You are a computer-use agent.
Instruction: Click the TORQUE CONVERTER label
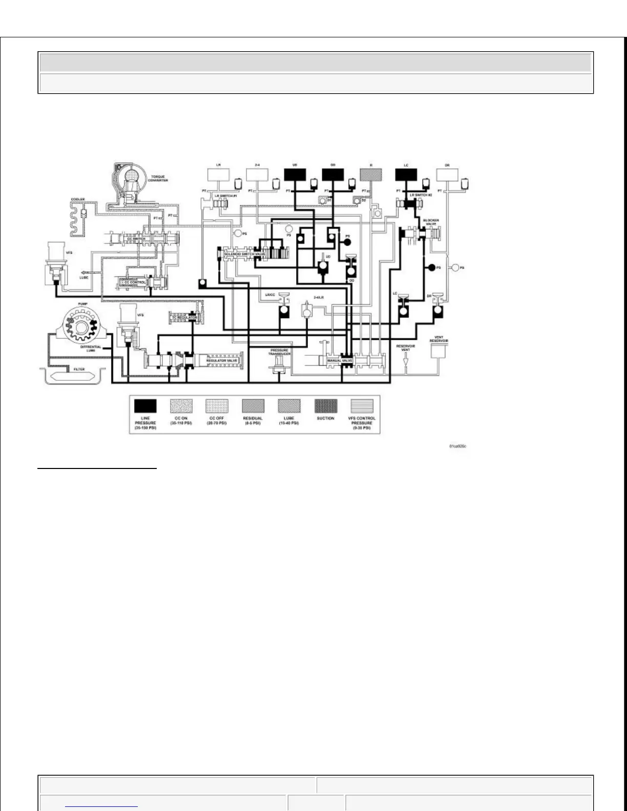pos(159,179)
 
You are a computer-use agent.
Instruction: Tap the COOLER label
pos(78,199)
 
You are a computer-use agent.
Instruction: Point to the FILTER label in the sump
pos(79,369)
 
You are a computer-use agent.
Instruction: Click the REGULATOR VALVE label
pos(222,360)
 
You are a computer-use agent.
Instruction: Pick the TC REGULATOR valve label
pos(184,318)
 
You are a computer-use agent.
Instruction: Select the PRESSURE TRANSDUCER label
pos(280,352)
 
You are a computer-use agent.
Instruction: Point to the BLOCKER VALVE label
pos(431,222)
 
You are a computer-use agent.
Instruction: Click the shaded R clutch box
pos(371,175)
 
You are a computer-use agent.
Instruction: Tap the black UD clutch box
pos(295,175)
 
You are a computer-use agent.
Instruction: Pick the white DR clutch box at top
pos(447,175)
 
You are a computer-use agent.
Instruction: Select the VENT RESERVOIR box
pos(439,351)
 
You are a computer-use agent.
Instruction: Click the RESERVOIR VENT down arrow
pos(406,362)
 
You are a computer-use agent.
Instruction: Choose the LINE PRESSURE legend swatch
pos(145,406)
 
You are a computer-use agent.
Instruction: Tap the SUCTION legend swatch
pos(326,406)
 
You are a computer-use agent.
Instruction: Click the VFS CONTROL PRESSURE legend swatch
pos(362,406)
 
